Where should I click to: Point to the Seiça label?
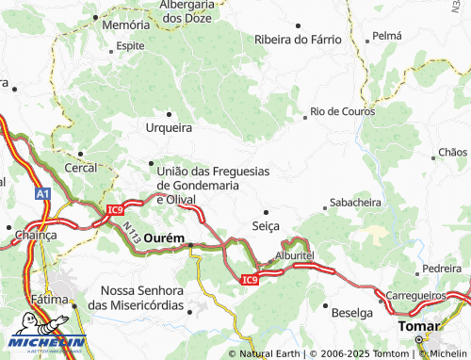(268, 227)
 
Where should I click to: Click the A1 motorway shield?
(42, 193)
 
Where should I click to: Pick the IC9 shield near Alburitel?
(249, 279)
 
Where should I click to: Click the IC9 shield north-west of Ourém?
(114, 210)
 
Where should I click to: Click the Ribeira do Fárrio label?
(295, 40)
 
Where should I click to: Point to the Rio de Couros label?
(343, 111)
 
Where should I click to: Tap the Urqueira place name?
(170, 127)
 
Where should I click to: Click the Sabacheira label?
(354, 203)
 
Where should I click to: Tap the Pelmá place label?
(386, 35)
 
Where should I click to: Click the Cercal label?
(80, 167)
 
